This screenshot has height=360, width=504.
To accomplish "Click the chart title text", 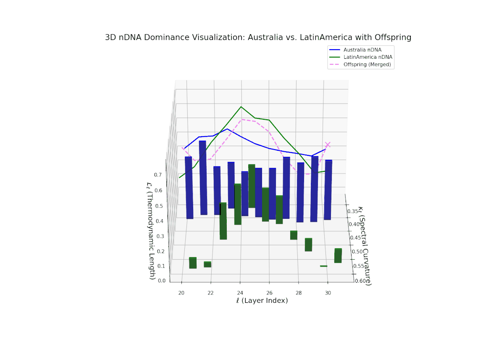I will tap(258, 37).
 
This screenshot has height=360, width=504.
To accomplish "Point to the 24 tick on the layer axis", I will tap(240, 292).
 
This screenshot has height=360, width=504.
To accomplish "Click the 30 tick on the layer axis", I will tap(328, 292).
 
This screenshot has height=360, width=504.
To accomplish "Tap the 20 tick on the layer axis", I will tap(181, 292).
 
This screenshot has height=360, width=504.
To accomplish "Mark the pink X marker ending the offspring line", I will tap(328, 145).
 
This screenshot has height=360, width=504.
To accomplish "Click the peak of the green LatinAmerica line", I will tap(241, 107).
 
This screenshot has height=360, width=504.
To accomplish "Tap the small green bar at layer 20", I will tap(193, 263).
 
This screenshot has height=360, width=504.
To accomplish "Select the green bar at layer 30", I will tap(338, 255).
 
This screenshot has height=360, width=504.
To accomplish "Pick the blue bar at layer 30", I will tap(328, 189).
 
